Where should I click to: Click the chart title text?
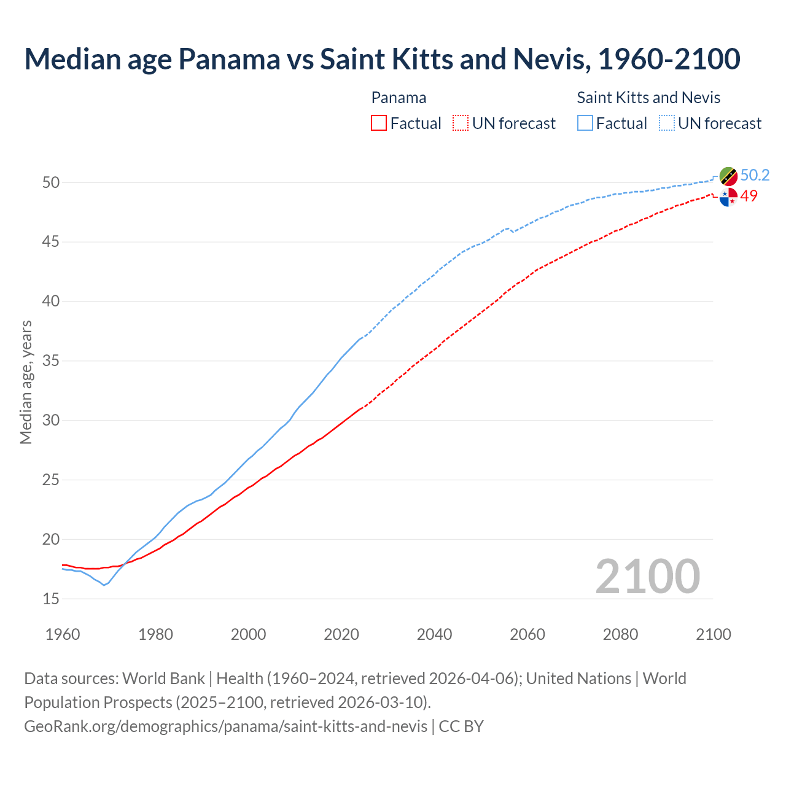pyautogui.click(x=382, y=59)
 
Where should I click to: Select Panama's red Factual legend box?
pyautogui.click(x=379, y=123)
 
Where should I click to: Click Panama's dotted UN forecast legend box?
pyautogui.click(x=461, y=123)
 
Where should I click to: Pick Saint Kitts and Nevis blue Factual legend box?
pyautogui.click(x=585, y=123)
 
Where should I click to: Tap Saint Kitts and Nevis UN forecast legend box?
pyautogui.click(x=667, y=123)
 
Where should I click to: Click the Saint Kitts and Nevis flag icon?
pyautogui.click(x=728, y=176)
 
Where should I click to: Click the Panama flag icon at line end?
pyautogui.click(x=728, y=198)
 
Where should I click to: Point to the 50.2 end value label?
pyautogui.click(x=755, y=175)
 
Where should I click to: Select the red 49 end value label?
pyautogui.click(x=749, y=196)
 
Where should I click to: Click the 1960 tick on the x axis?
pyautogui.click(x=63, y=634)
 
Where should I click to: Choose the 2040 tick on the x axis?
pyautogui.click(x=434, y=634)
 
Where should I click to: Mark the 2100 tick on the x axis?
pyautogui.click(x=713, y=634)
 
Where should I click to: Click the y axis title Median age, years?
pyautogui.click(x=26, y=382)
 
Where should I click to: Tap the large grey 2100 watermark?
pyautogui.click(x=647, y=576)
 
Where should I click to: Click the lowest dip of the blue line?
pyautogui.click(x=104, y=585)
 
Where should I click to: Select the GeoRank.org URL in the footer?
pyautogui.click(x=225, y=726)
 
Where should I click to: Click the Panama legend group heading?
pyautogui.click(x=399, y=98)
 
